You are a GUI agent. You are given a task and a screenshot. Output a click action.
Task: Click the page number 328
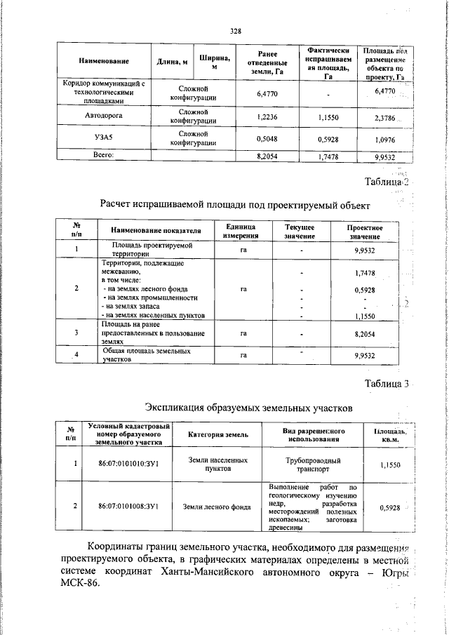click(236, 30)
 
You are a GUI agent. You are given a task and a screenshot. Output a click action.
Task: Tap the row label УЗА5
click(103, 138)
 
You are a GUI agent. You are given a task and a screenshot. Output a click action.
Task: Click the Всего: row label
click(103, 155)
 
